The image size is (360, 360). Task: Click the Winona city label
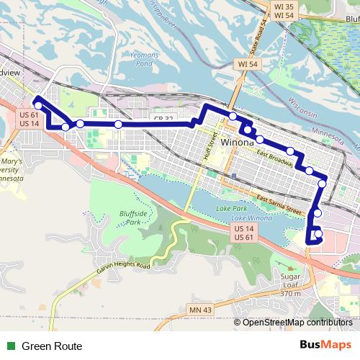(x=238, y=143)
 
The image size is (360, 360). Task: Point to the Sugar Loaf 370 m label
(x=290, y=284)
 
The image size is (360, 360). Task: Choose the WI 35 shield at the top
(x=264, y=4)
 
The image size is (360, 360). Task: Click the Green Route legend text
(x=51, y=346)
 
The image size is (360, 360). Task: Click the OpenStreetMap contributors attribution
(x=297, y=323)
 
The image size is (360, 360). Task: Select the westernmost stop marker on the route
(x=38, y=106)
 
